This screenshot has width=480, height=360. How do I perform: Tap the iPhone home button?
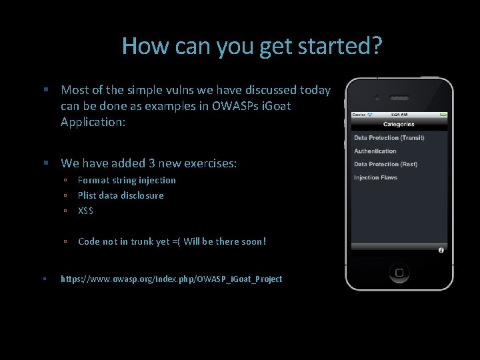[x=399, y=273]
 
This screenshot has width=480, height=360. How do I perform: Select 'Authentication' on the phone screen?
[x=375, y=151]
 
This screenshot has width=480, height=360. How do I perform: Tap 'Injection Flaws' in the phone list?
[x=376, y=177]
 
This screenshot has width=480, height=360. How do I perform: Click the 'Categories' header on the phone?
[x=399, y=124]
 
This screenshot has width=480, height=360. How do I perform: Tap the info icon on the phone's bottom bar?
[x=441, y=250]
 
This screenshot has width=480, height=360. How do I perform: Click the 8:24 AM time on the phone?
[x=399, y=115]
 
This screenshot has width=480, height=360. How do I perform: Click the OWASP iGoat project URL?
[x=171, y=279]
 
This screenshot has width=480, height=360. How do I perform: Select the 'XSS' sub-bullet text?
[x=85, y=211]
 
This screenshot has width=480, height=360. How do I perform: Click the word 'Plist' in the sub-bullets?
[x=87, y=195]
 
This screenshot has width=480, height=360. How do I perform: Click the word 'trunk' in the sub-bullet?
[x=141, y=241]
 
